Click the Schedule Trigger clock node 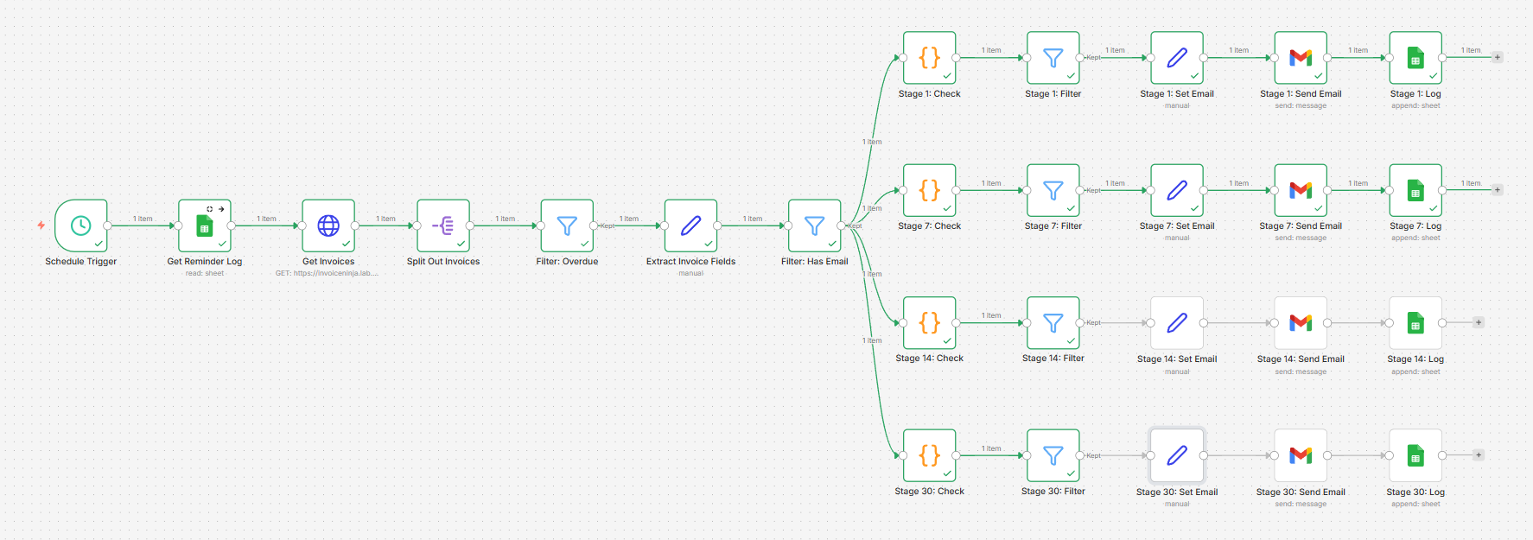point(80,226)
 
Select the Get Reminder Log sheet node point(205,226)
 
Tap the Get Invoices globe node point(328,226)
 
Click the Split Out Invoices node point(443,226)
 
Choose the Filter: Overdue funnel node point(567,226)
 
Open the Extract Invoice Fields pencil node point(690,226)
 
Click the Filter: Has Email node point(814,226)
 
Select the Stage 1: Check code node point(929,58)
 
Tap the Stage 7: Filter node point(1053,190)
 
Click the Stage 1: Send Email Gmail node point(1301,58)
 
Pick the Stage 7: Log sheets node point(1415,190)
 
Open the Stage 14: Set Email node point(1177,323)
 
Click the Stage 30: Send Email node point(1301,455)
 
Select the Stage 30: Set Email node point(1177,455)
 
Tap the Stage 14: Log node point(1415,323)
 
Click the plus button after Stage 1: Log point(1498,57)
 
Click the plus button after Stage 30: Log point(1479,454)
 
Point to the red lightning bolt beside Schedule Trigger point(41,226)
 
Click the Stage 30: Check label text point(929,491)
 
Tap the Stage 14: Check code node point(929,323)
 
